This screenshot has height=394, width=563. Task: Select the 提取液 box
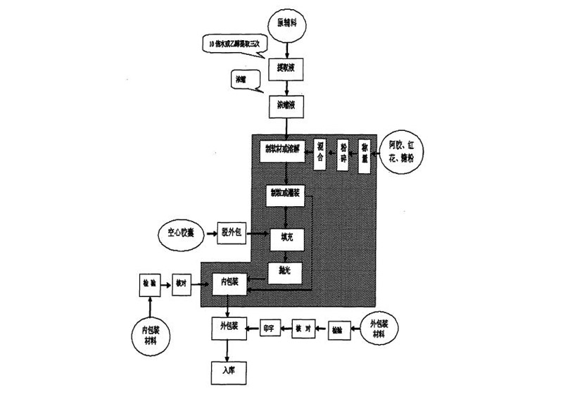286,69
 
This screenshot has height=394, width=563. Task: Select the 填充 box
286,238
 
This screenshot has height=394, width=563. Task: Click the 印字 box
267,329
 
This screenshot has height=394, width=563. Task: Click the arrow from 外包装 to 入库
227,348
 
